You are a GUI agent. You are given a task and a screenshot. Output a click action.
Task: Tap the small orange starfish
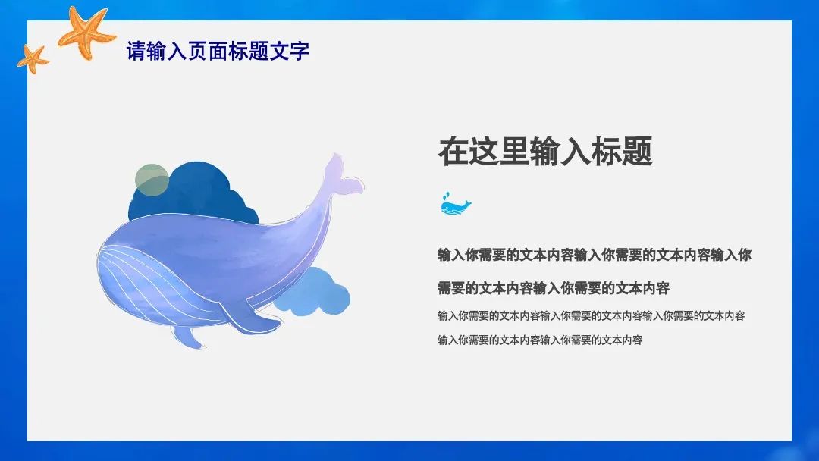tap(33, 58)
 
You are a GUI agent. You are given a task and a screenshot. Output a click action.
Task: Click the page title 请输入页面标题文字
tap(218, 52)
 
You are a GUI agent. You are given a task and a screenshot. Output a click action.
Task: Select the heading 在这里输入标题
tap(545, 152)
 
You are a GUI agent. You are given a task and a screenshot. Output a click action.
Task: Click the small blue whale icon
tap(455, 204)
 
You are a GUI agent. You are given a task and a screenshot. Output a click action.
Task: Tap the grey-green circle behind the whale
tap(152, 178)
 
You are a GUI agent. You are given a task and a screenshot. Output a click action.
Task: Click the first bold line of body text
tap(595, 255)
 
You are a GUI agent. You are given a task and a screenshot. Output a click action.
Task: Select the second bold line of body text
tap(553, 288)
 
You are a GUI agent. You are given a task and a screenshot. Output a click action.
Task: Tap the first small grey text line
tap(591, 315)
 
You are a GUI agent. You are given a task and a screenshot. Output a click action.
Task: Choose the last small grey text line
tap(539, 340)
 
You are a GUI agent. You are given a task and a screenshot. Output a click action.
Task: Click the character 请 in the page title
tap(135, 52)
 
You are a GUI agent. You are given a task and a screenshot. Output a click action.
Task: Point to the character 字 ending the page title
tap(301, 52)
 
